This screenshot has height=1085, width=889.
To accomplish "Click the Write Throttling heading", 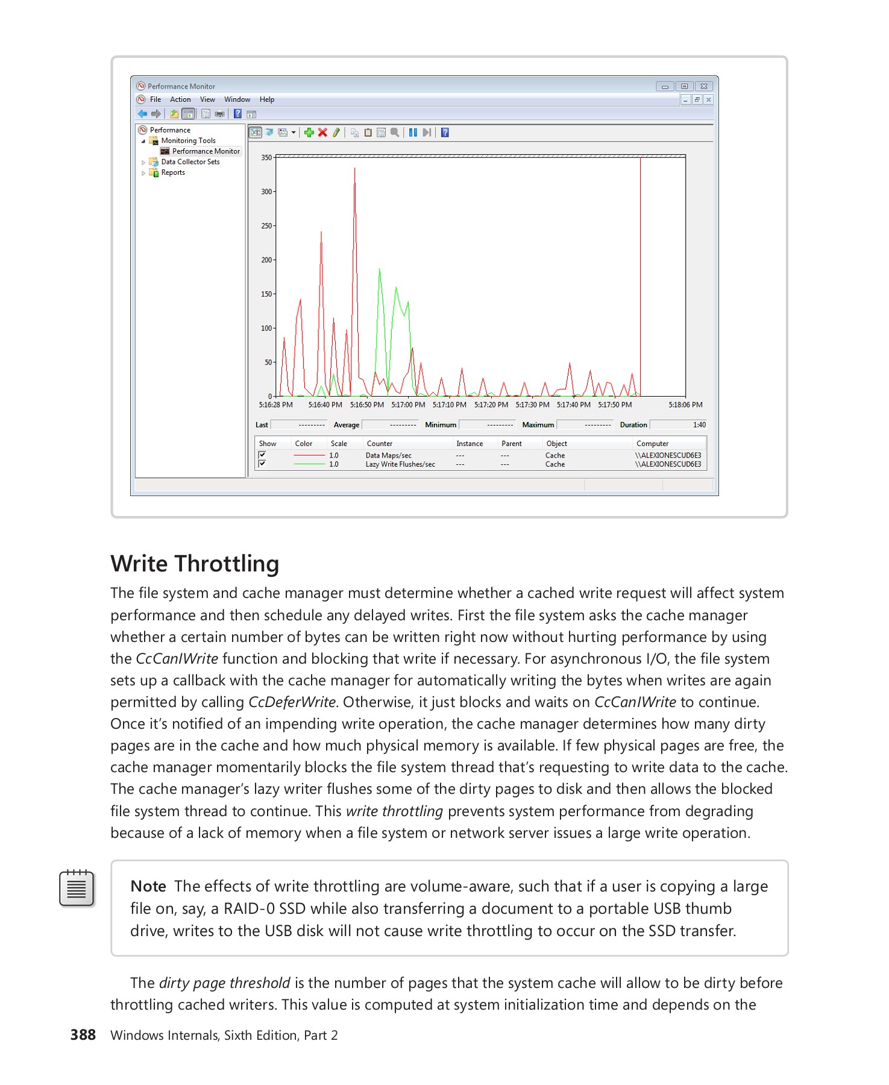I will coord(195,564).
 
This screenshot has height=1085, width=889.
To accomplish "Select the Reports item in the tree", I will coord(172,172).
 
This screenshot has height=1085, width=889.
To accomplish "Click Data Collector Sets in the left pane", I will coord(190,162).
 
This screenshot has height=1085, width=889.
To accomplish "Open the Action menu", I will coord(180,99).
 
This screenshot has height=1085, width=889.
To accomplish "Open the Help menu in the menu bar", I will coord(266,99).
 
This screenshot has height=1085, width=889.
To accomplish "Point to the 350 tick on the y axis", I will coord(266,157).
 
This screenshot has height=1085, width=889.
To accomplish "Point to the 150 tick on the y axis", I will coord(266,294).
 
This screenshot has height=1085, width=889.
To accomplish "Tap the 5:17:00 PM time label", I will coord(408,405).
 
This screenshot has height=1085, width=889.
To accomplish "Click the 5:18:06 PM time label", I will coord(685,405).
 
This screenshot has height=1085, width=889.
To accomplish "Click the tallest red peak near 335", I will coord(354,169).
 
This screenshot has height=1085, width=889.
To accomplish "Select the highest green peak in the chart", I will coord(379,269).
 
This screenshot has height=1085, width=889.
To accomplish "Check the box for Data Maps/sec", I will coord(262,455).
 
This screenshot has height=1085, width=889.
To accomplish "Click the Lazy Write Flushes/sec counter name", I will coord(400,464).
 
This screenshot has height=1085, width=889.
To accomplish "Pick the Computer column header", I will coord(652,444).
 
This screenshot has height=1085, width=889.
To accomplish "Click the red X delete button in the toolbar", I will coord(322,133).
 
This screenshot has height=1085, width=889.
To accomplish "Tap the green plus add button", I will coord(309,133).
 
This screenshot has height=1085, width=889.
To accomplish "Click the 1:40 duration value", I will coord(699,425).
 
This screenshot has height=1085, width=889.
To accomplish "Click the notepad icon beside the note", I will coord(77,888).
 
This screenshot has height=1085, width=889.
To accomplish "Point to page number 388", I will coord(83,1035).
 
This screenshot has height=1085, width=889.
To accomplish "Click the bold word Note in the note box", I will coord(148,886).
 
